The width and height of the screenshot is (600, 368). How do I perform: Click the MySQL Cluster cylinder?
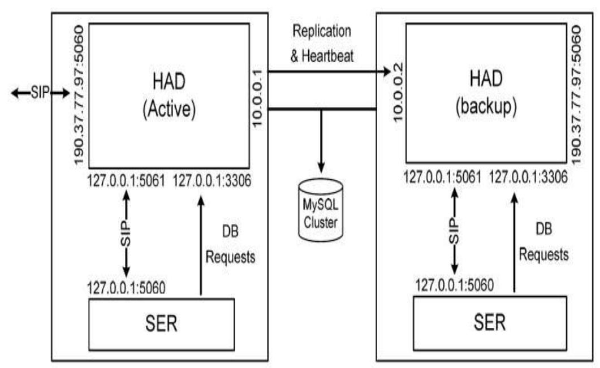320,206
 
